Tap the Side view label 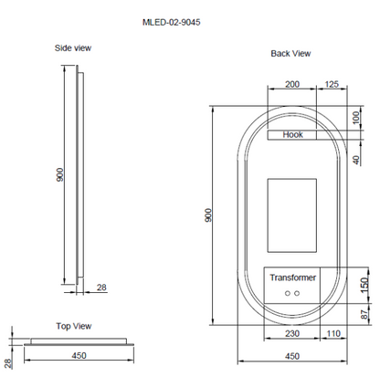point(73,47)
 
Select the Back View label point(290,53)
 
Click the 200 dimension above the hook point(291,84)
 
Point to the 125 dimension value point(333,84)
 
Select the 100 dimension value point(355,116)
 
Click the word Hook point(292,134)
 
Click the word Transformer point(292,277)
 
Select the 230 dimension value point(293,335)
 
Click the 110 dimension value point(334,335)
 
